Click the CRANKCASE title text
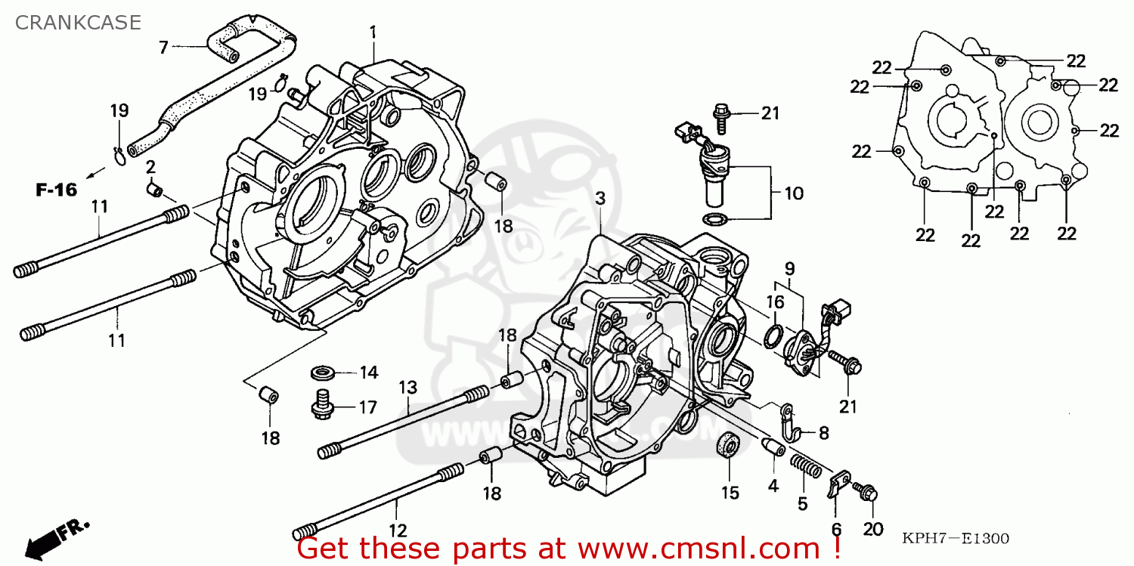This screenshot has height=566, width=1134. (78, 23)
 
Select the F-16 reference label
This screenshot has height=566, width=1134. (57, 190)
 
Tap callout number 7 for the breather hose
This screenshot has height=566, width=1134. (163, 47)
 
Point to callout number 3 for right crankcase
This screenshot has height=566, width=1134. (600, 199)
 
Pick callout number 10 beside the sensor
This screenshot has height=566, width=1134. (793, 193)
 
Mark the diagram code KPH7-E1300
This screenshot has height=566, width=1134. (956, 539)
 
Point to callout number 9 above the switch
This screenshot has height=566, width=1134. (789, 268)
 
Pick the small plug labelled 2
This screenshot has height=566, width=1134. (154, 188)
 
